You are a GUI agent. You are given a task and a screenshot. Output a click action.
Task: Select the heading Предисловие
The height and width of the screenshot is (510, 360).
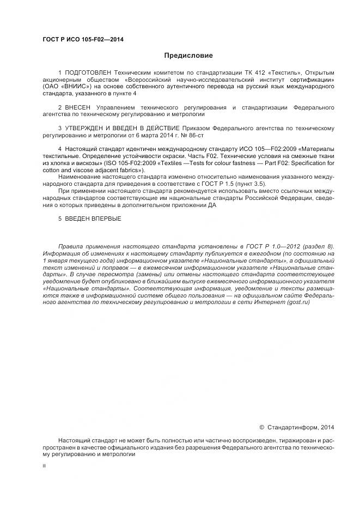coord(188,56)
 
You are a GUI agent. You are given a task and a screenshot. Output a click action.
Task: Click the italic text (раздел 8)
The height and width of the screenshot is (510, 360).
coord(318,247)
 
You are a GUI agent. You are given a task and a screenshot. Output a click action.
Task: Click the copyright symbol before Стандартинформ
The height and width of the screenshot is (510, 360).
coord(261,428)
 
